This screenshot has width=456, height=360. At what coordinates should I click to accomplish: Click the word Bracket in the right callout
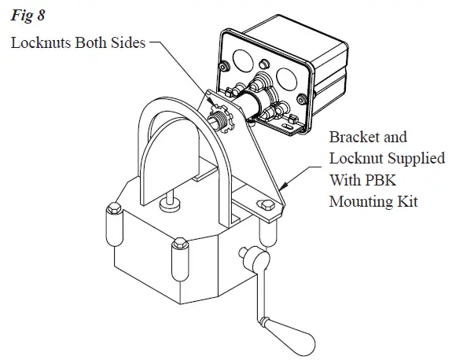pos(352,137)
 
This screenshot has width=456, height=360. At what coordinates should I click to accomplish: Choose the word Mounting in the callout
pos(360,201)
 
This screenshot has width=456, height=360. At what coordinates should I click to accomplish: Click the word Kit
pos(405,201)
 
